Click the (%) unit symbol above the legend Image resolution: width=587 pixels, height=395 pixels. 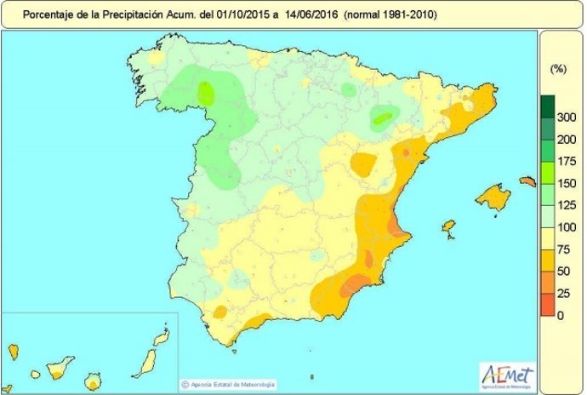click(559, 66)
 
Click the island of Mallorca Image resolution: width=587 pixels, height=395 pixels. click(493, 198)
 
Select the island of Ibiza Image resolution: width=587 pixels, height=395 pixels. click(448, 227)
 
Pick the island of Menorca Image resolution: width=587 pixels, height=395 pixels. click(527, 180)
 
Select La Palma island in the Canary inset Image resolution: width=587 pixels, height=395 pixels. click(14, 350)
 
